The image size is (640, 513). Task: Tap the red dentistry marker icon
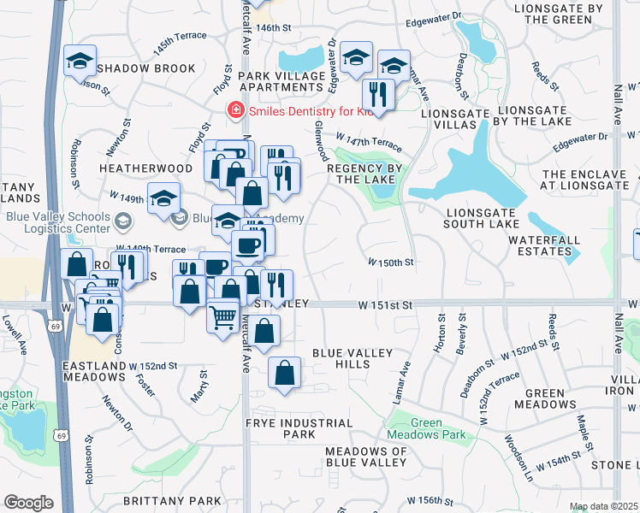(233, 110)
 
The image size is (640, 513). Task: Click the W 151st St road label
(385, 304)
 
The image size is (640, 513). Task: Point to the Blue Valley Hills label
(352, 358)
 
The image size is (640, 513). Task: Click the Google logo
(28, 502)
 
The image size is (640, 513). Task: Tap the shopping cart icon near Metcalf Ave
(222, 316)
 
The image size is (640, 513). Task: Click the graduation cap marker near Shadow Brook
(80, 62)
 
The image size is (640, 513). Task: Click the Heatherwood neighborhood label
(145, 169)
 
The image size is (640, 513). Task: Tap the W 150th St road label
(391, 262)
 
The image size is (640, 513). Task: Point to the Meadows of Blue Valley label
(365, 457)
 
